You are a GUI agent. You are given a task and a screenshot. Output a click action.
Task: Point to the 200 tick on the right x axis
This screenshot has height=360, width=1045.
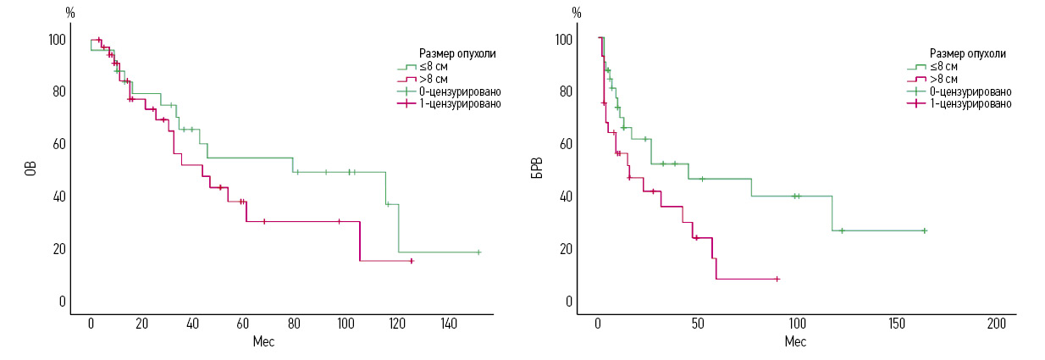point(996,324)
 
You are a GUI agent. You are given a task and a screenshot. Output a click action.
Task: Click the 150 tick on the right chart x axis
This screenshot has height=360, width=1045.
point(897,324)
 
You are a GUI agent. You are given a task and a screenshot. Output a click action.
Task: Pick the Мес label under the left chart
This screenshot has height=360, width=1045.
point(263,341)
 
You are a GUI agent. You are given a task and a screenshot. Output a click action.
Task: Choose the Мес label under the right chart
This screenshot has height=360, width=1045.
point(794,341)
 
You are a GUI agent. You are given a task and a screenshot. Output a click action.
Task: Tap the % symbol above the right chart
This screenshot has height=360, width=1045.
point(577,13)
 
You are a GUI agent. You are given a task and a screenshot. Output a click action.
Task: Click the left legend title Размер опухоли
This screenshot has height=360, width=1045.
point(457,53)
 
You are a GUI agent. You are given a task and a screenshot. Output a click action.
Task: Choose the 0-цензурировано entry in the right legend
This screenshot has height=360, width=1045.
point(971,91)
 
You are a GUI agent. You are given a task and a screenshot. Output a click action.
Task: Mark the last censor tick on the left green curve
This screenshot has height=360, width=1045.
point(478,252)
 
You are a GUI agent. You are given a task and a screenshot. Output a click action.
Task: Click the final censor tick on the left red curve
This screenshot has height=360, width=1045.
point(412,261)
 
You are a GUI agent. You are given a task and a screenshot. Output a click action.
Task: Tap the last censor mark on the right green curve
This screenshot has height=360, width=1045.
point(924,231)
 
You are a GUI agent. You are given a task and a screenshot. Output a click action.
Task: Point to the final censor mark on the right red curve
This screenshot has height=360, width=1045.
point(777,279)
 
